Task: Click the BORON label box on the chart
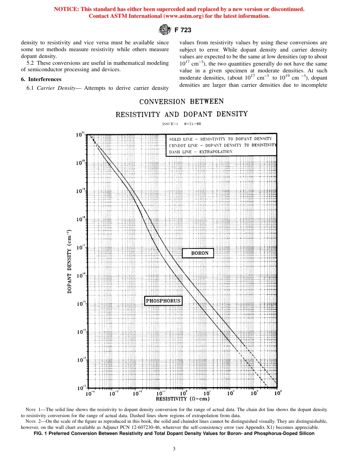point(198,253)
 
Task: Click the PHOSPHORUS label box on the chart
point(163,301)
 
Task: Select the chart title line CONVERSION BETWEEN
point(182,102)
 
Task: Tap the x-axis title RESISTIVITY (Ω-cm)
point(183,399)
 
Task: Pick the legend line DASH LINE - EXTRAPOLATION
point(200,152)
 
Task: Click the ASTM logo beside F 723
point(164,30)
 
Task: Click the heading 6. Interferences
point(41,79)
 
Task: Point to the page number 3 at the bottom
point(174,449)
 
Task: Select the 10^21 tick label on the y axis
point(80,134)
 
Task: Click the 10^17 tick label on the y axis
point(81,247)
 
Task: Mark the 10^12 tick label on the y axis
point(81,388)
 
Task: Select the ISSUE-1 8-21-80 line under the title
point(182,124)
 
